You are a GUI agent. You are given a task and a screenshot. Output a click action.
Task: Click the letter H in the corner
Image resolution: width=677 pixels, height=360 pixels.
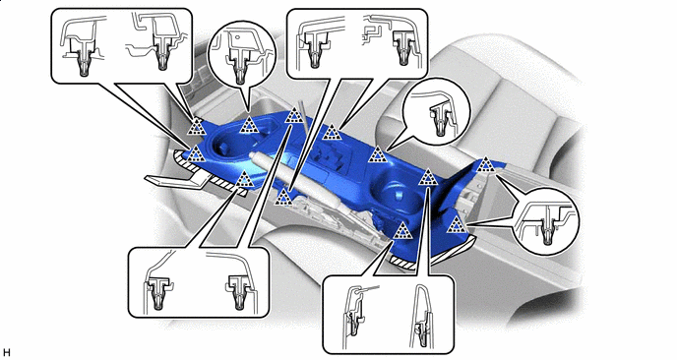[x=7, y=352]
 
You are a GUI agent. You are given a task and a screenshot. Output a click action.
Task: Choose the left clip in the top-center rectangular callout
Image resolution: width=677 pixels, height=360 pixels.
[x=315, y=50]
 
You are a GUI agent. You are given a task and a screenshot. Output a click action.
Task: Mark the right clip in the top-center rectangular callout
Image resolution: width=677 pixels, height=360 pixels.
[x=403, y=48]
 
